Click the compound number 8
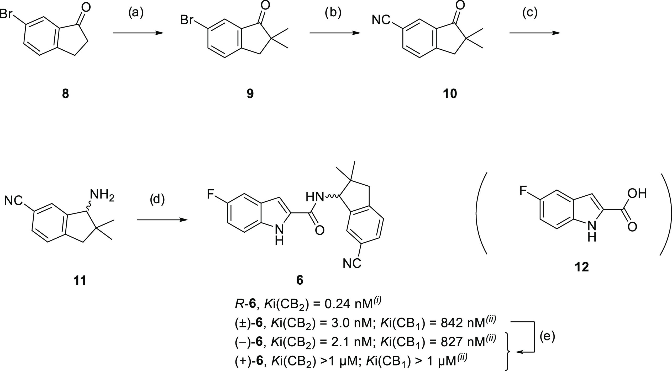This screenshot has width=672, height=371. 66,94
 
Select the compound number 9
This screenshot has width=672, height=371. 250,94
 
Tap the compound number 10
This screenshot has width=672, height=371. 450,94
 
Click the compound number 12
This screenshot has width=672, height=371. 582,267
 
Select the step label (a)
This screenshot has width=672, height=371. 136,13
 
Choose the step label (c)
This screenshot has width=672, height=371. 530,13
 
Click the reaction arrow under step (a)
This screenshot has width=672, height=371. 138,33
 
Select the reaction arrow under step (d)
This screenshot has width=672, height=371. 163,220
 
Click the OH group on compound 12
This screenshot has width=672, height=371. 637,194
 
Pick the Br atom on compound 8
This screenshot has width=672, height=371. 6,14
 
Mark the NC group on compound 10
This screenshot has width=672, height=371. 381,20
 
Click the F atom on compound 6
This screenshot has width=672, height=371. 210,195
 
